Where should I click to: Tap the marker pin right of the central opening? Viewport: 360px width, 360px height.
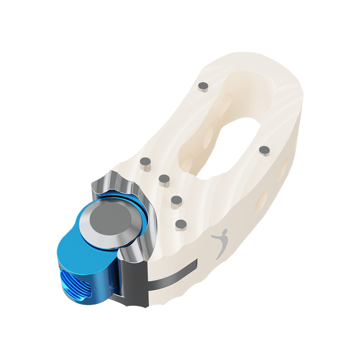click(264, 150)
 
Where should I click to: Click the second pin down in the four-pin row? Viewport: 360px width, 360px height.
click(164, 180)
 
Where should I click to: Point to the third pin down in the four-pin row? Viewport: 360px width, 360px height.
click(176, 202)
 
